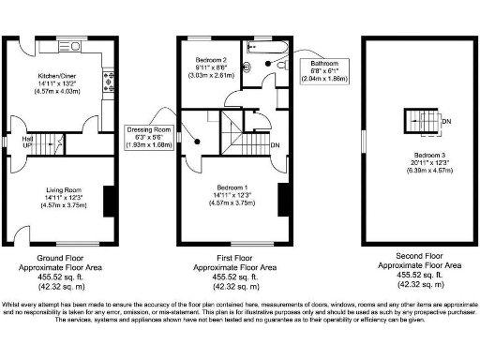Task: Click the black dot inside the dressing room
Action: [x=198, y=141]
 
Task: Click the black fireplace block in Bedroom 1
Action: [x=280, y=200]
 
